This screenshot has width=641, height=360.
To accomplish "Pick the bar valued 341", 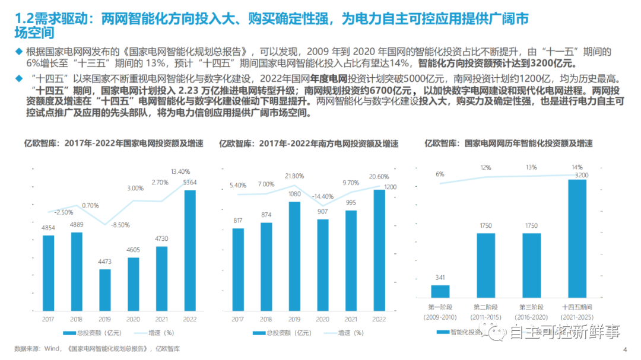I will [440, 291].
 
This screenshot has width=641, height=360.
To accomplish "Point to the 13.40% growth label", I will [180, 172].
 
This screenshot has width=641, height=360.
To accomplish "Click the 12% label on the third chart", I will [486, 168].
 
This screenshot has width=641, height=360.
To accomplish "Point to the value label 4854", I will [48, 228].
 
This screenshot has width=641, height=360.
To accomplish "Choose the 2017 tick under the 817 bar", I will [237, 319].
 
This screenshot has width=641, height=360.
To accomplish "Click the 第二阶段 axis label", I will [485, 307].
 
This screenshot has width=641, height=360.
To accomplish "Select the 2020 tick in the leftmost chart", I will [133, 319].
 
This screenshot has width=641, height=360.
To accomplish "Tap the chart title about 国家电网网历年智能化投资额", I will [508, 144].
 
